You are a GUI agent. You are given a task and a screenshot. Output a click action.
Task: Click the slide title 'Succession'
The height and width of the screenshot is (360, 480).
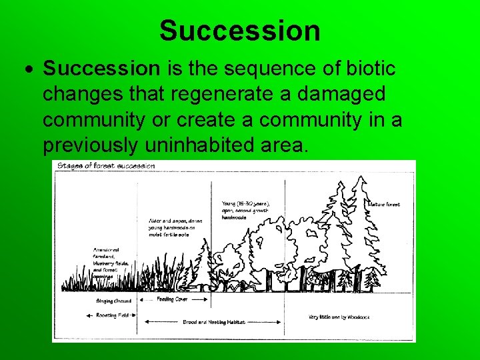(x=239, y=31)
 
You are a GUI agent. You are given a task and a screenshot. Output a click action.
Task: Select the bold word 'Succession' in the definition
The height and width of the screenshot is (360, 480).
(x=101, y=68)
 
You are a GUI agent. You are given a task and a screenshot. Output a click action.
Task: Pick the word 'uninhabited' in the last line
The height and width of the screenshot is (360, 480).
(x=223, y=145)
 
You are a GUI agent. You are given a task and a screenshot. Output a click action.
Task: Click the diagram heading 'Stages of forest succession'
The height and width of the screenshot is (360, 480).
(x=106, y=166)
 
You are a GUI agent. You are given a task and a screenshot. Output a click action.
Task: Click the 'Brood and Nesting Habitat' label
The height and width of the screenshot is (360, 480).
(x=214, y=321)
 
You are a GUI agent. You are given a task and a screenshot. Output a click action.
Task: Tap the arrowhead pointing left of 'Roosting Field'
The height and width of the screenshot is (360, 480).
(x=87, y=315)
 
